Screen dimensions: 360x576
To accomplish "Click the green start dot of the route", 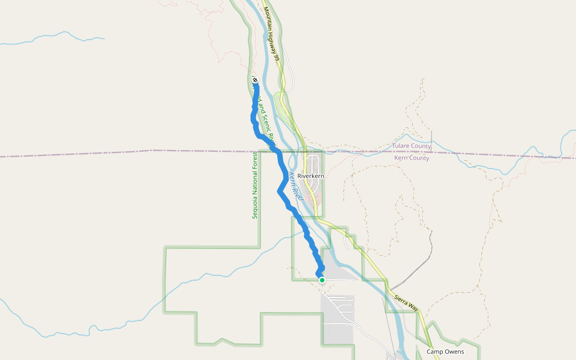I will (322, 280).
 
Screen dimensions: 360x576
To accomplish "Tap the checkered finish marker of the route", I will (255, 80).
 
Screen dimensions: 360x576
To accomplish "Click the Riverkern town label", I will (310, 176).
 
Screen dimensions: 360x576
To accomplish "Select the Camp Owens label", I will (445, 352).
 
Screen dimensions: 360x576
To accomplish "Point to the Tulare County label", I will (412, 146).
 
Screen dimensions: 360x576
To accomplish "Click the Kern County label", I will (412, 158).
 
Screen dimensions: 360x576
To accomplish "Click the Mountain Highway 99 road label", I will (272, 34).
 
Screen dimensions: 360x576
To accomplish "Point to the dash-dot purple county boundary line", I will (120, 154).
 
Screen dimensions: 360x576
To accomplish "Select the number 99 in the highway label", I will (278, 56).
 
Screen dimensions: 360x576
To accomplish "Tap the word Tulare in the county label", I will (403, 146).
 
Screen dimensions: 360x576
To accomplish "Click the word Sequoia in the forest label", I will (254, 208).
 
